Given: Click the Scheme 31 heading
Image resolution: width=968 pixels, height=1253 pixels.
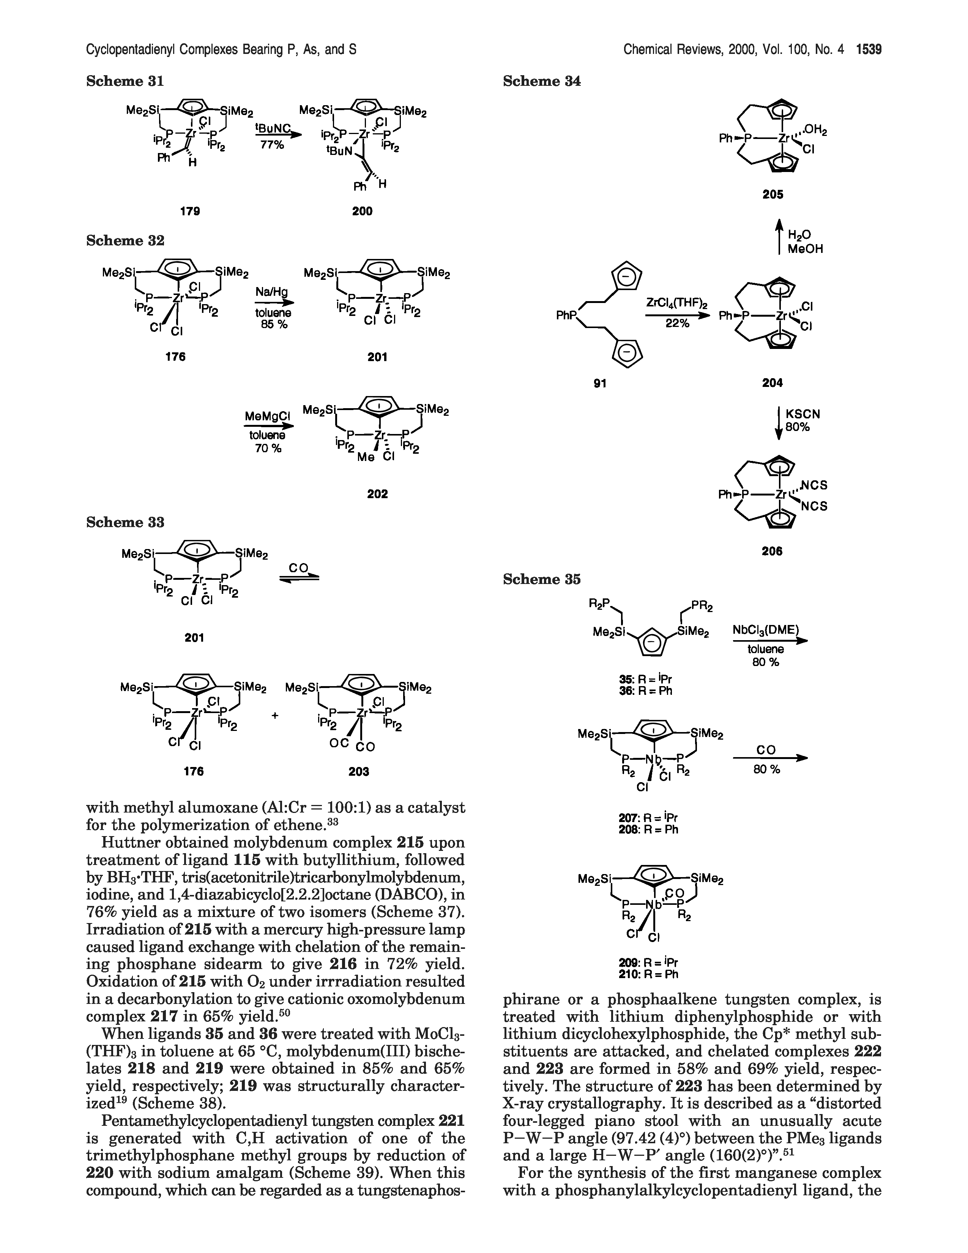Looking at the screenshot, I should click(x=125, y=82).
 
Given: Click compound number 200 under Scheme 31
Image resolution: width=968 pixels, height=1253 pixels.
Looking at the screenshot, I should click(x=363, y=211).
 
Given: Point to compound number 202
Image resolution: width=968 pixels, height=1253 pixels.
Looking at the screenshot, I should click(x=377, y=493).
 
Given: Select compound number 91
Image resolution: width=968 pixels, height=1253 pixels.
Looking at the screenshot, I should click(x=600, y=383).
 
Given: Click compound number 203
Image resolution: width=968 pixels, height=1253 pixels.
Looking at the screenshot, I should click(x=359, y=772).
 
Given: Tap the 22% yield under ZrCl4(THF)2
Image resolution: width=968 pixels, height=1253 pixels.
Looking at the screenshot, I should click(x=677, y=323).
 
